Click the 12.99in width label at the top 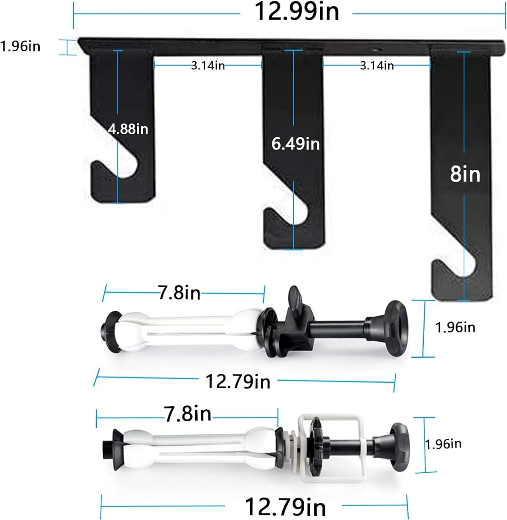pyautogui.click(x=296, y=11)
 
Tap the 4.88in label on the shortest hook pyautogui.click(x=128, y=129)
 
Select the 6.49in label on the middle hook pyautogui.click(x=295, y=144)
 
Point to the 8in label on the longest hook pyautogui.click(x=465, y=174)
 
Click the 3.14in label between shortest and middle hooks pyautogui.click(x=208, y=65)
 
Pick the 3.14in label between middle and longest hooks pyautogui.click(x=377, y=65)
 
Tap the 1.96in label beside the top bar pyautogui.click(x=20, y=46)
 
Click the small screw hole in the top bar pyautogui.click(x=375, y=50)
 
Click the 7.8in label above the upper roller pyautogui.click(x=180, y=293)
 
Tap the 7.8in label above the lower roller pyautogui.click(x=188, y=414)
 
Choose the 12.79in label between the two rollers pyautogui.click(x=237, y=381)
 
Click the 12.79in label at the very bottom pyautogui.click(x=285, y=506)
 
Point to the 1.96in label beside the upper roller pyautogui.click(x=455, y=327)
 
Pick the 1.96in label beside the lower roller pyautogui.click(x=443, y=444)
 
